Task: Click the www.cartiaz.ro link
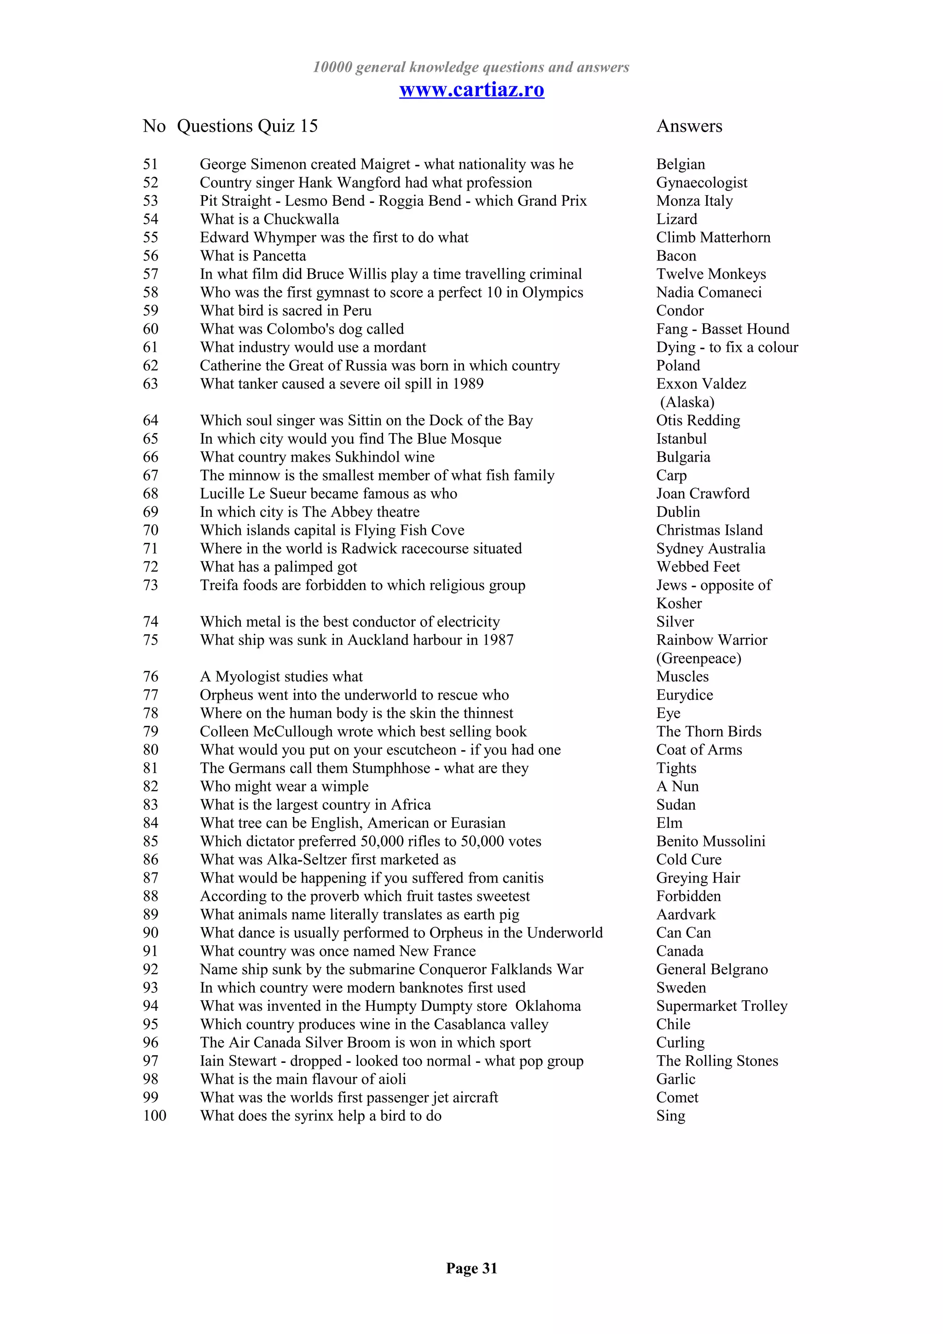(471, 89)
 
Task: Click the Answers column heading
(689, 126)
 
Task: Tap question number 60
(151, 329)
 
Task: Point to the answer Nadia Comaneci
(708, 292)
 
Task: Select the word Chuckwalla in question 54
(301, 219)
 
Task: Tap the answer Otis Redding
(698, 420)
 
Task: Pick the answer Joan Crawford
(703, 493)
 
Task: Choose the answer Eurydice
(684, 695)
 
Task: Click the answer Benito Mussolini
(710, 841)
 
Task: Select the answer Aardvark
(686, 915)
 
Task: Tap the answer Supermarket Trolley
(722, 1006)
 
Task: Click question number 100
(155, 1115)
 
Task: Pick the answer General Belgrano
(712, 969)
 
